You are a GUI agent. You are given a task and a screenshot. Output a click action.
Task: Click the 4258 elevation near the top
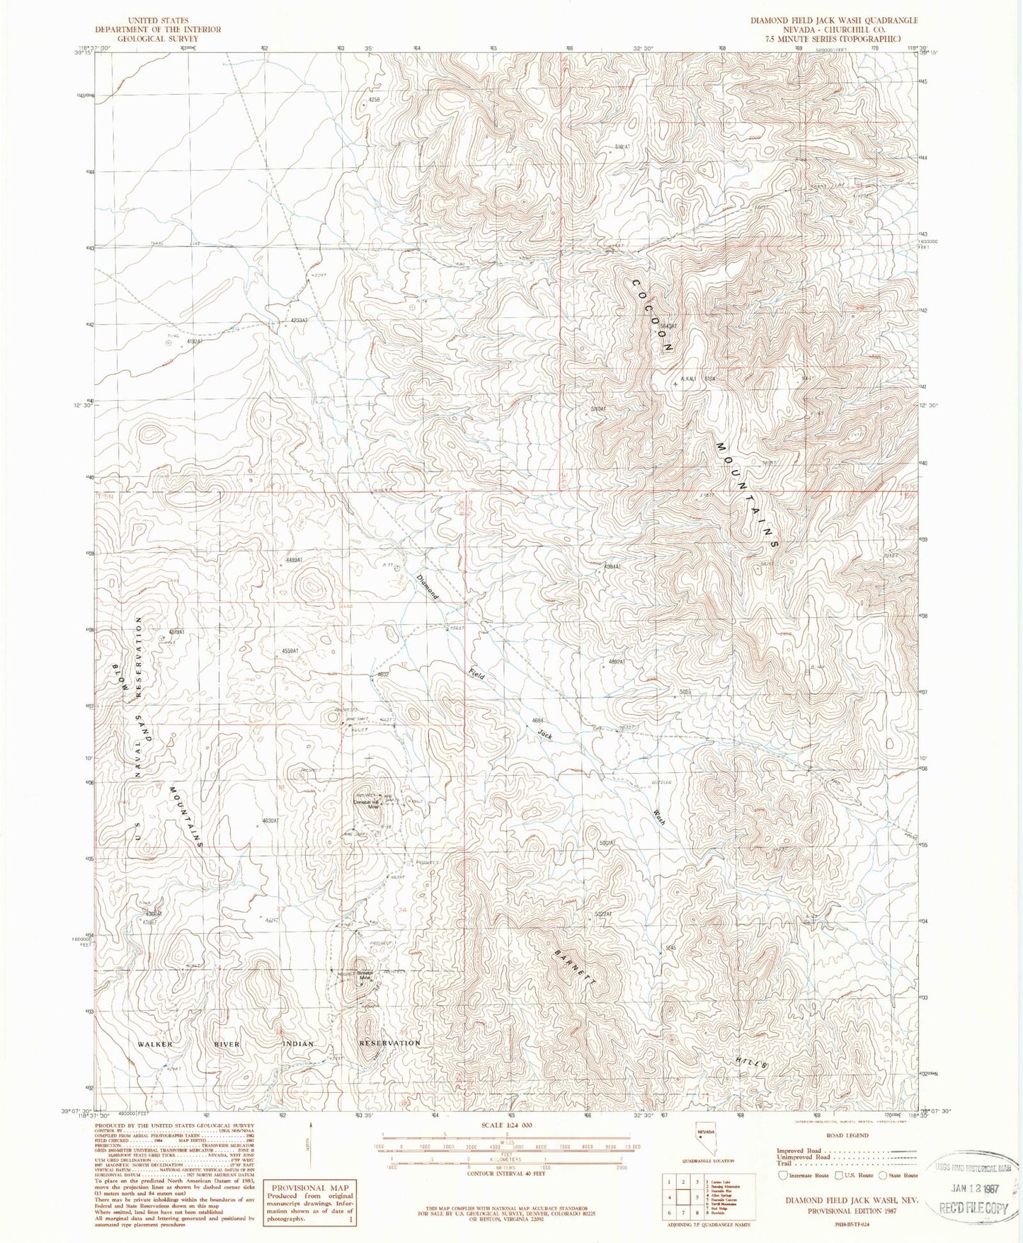[x=374, y=101]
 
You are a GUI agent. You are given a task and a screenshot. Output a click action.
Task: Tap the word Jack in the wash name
[x=544, y=735]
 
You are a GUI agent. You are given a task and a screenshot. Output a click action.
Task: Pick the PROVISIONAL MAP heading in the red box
[x=310, y=1188]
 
